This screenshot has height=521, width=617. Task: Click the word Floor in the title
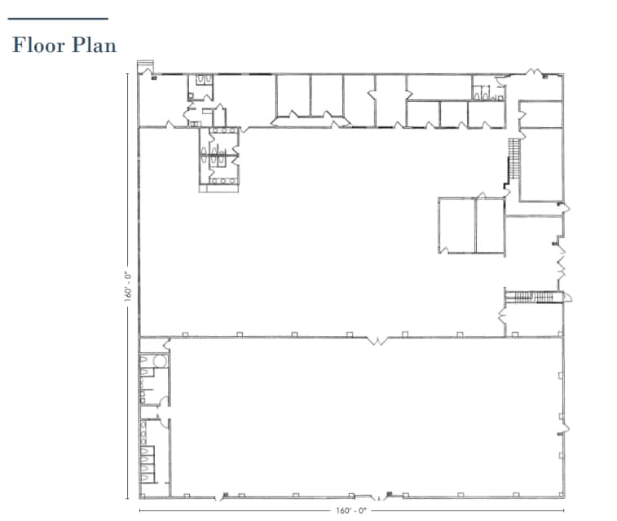point(38,45)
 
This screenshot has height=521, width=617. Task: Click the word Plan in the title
point(95,45)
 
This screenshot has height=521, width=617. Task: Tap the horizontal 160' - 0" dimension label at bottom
point(351,511)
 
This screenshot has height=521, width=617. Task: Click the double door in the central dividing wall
point(377,338)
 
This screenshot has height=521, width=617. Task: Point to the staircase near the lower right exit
point(533,297)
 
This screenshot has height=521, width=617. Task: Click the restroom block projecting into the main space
point(218,160)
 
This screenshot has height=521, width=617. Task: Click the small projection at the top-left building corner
point(146,68)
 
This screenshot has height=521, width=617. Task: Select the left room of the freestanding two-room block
point(456,224)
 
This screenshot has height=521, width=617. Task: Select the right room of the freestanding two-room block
point(491,224)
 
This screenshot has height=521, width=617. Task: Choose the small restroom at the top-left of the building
point(201,86)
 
